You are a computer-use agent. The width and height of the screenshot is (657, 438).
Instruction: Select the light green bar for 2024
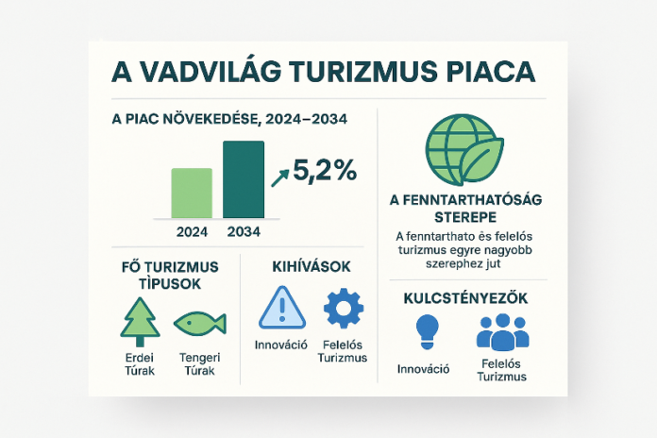192,193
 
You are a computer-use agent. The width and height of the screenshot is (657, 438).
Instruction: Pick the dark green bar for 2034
244,179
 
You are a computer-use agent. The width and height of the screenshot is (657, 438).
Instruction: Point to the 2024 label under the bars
192,229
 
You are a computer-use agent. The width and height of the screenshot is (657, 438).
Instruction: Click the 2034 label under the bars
244,229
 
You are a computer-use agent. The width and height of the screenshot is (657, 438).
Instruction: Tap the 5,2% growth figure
325,171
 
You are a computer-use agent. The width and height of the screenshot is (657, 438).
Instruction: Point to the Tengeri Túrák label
197,364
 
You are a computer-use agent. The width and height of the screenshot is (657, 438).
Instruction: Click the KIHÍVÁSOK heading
310,268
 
